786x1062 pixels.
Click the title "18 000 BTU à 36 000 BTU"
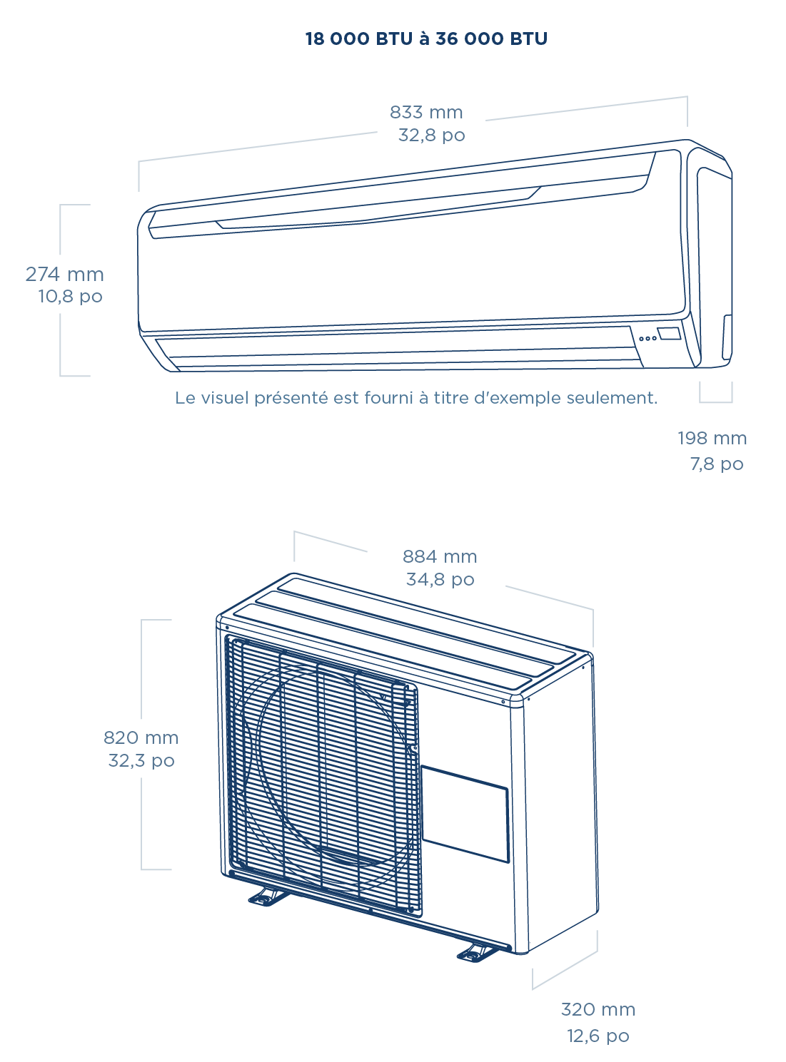pos(426,39)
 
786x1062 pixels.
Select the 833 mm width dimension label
pos(426,112)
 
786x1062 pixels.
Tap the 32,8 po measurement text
pos(431,135)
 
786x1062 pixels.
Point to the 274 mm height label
pos(64,274)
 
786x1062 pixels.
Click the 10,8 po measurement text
pos(70,296)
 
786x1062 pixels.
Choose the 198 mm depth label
pos(712,438)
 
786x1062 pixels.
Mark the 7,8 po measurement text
pos(716,464)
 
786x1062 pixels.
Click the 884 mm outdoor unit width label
pos(440,556)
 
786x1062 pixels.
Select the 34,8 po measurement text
pos(440,579)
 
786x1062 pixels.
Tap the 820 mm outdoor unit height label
pos(141,737)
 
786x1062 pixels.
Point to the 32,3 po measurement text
pos(141,760)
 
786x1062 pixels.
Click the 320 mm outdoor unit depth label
pos(598,1009)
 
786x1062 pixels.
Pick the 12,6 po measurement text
pos(598,1036)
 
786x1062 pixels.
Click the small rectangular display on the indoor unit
pos(669,333)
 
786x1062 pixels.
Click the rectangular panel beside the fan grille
pos(465,814)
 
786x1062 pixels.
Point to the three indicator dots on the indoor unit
pos(648,338)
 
